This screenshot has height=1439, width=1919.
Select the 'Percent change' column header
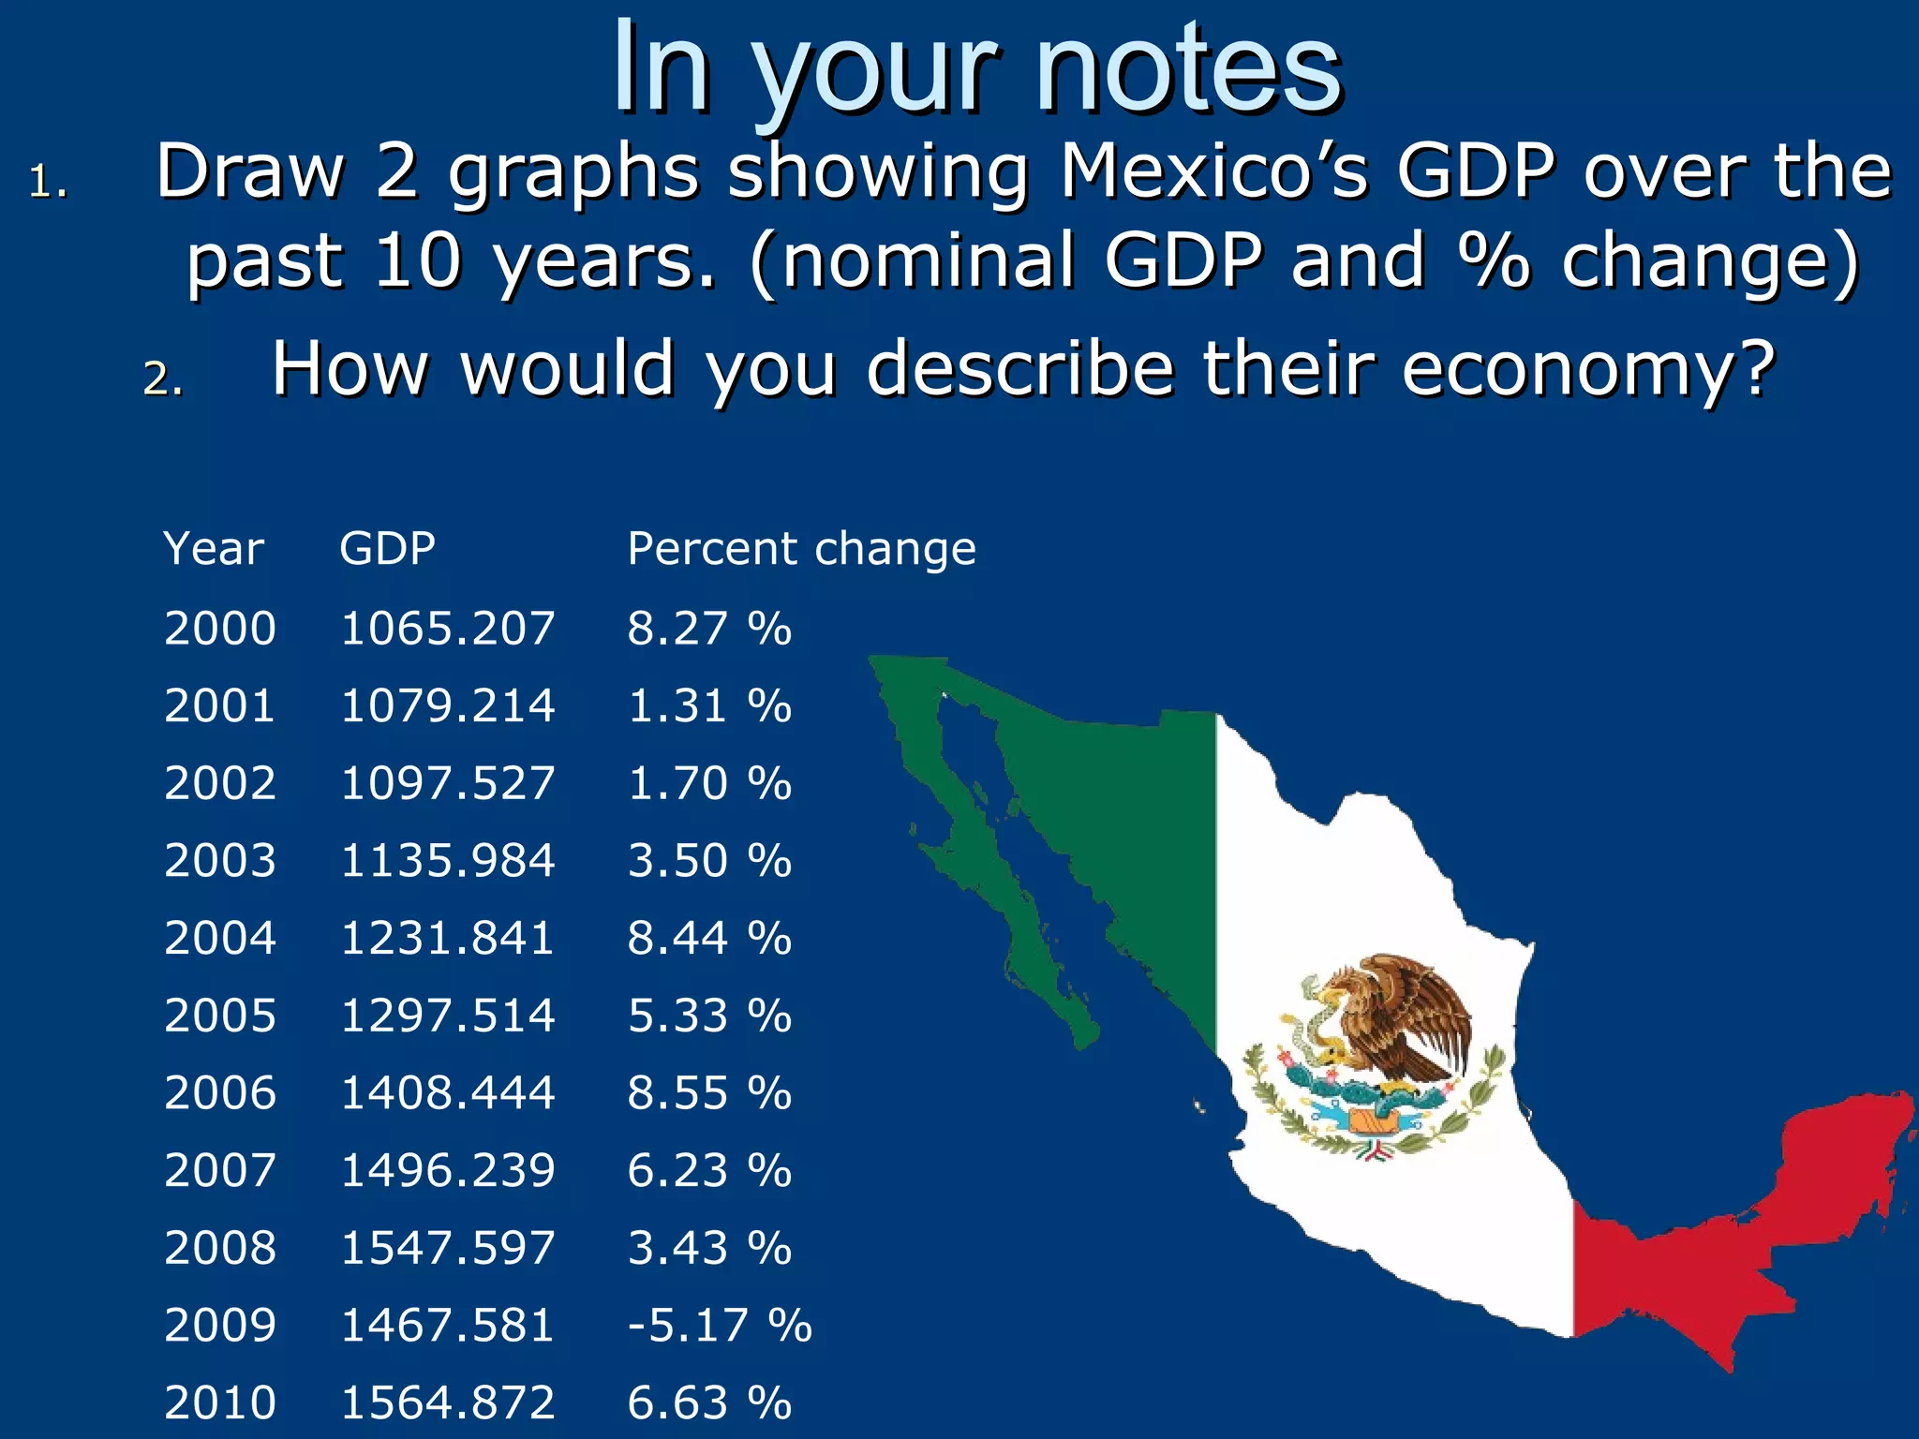click(801, 548)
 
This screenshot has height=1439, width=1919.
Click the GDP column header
click(387, 548)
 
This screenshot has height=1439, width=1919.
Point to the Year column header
click(214, 548)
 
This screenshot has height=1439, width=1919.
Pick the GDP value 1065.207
click(447, 628)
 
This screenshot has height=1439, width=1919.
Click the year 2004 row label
click(220, 938)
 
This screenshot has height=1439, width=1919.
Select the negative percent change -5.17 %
click(719, 1325)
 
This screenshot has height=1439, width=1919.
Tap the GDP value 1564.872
click(447, 1402)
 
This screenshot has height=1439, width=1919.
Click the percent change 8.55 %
click(709, 1092)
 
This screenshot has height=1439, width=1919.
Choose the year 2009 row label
click(220, 1325)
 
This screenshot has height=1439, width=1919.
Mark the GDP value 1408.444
click(447, 1092)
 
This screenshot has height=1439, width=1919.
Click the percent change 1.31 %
click(709, 705)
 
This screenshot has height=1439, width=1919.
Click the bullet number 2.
click(162, 378)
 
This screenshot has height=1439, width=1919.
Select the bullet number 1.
click(47, 182)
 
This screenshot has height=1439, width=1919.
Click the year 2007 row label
click(220, 1170)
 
